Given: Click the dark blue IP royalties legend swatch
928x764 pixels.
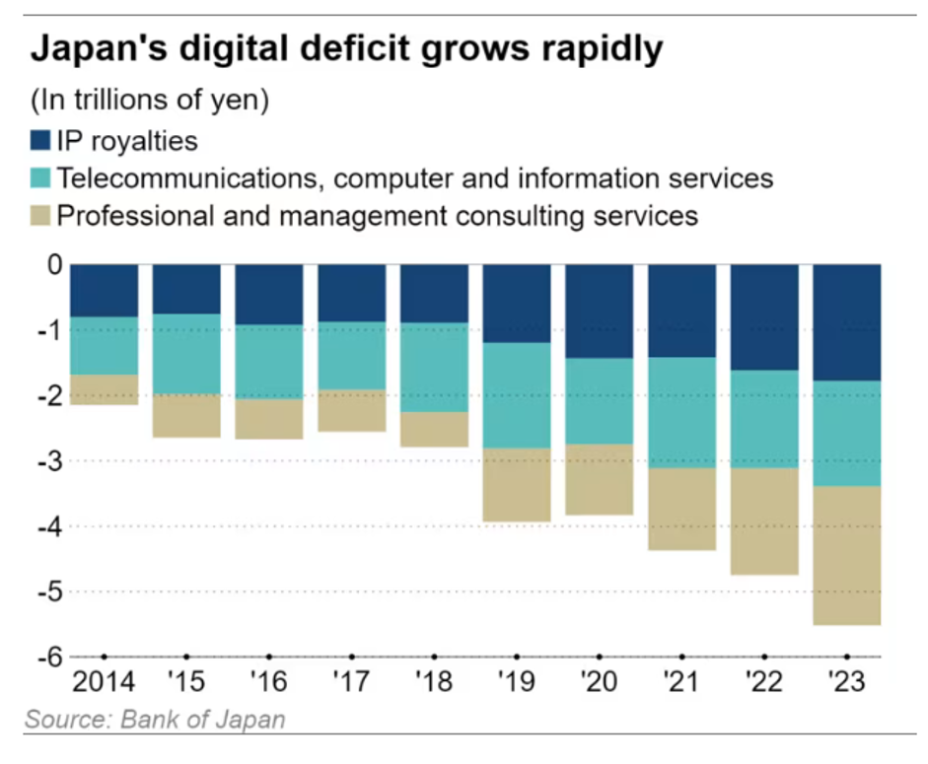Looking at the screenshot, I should pyautogui.click(x=40, y=141).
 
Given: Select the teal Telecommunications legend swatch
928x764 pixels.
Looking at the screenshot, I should pyautogui.click(x=40, y=178).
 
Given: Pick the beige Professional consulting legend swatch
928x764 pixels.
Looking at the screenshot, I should pyautogui.click(x=40, y=215).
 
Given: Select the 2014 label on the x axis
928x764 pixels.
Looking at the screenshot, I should pyautogui.click(x=104, y=682).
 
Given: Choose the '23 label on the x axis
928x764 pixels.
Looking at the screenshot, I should pyautogui.click(x=847, y=682).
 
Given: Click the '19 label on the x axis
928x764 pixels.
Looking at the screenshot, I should pyautogui.click(x=517, y=682).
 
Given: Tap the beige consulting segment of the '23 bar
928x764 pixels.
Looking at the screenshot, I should pyautogui.click(x=847, y=555).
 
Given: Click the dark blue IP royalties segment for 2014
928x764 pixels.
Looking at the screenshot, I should pyautogui.click(x=104, y=291).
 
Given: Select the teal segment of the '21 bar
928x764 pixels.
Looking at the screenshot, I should pyautogui.click(x=681, y=412).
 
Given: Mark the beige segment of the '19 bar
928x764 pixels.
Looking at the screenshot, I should pyautogui.click(x=517, y=485).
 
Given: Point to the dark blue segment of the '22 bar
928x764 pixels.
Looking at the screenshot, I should pyautogui.click(x=764, y=317).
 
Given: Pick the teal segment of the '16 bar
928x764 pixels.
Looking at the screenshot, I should pyautogui.click(x=268, y=362).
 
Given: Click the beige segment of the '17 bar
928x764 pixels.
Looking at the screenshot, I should pyautogui.click(x=351, y=410).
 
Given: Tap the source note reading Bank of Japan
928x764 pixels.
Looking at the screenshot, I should pyautogui.click(x=155, y=719).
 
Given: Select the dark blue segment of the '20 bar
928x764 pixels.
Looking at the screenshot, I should pyautogui.click(x=599, y=312).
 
